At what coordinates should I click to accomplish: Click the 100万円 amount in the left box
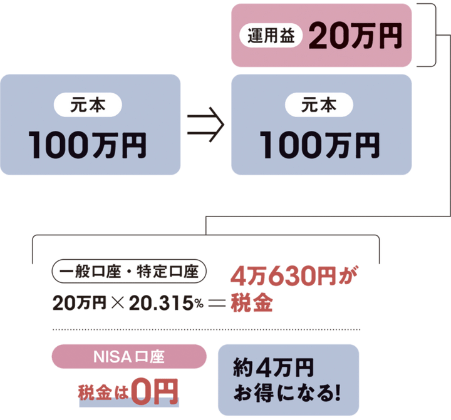pos(87,145)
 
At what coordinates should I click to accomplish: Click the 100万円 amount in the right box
pos(320,145)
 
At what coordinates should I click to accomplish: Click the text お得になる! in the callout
pos(288,392)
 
